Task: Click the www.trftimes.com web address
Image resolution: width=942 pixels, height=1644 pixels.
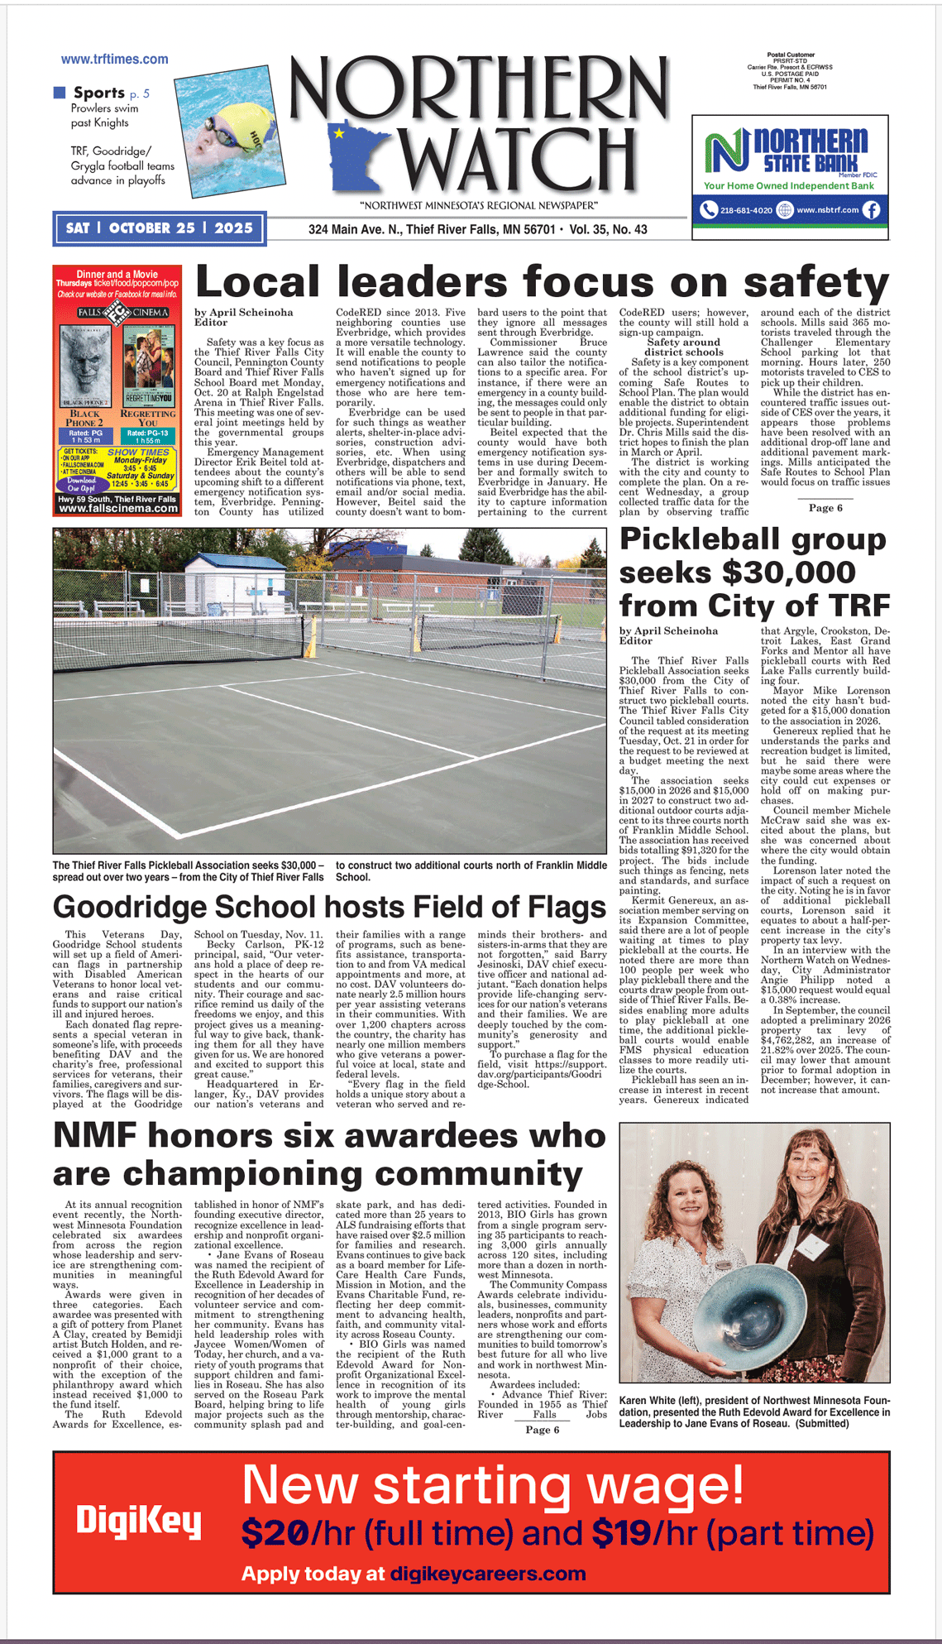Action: coord(114,60)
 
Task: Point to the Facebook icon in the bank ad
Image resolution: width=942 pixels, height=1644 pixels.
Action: coord(872,210)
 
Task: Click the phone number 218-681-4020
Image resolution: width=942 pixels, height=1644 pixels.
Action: coord(745,210)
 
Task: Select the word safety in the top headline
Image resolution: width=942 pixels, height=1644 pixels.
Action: coord(815,283)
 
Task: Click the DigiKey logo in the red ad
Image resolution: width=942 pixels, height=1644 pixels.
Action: coord(139,1521)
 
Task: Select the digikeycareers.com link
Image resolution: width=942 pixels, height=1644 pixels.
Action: coord(488,1574)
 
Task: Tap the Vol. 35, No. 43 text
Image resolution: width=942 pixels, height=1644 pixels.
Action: coord(608,229)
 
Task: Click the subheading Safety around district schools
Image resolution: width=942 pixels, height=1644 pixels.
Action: coord(683,347)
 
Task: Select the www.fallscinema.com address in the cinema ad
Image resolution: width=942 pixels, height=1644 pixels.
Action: coord(117,509)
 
